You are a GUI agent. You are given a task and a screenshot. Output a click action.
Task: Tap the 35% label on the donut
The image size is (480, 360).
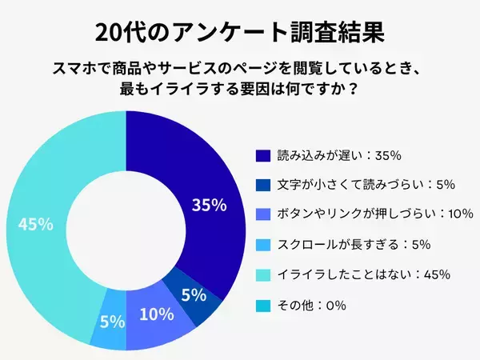click(x=210, y=205)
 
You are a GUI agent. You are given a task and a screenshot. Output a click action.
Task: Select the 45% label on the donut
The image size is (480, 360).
click(x=35, y=224)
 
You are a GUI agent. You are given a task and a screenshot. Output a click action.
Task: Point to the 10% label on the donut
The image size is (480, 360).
click(x=157, y=314)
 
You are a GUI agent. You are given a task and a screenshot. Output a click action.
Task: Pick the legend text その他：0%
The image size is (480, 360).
click(x=311, y=304)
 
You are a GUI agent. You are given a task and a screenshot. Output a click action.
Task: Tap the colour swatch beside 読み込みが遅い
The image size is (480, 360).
click(x=262, y=155)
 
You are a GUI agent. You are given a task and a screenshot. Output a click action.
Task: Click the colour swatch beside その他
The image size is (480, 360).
click(x=262, y=304)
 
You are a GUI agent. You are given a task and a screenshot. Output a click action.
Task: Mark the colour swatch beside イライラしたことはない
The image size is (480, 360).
click(x=262, y=274)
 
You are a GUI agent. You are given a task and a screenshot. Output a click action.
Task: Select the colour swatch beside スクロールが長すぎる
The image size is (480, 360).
click(x=262, y=244)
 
